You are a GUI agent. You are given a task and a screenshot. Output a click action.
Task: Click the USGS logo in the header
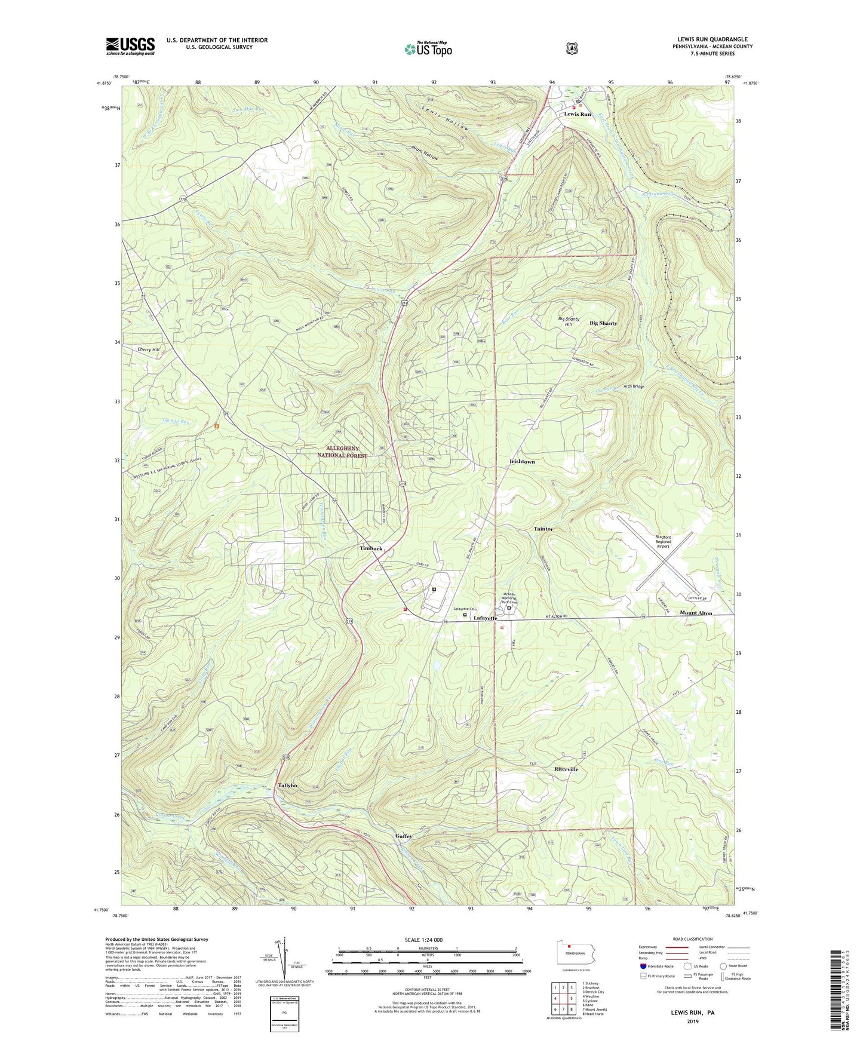pos(130,46)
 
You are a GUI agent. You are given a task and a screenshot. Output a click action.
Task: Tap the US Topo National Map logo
pos(428,49)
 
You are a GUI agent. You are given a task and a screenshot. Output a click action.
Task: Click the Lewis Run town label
pos(578,114)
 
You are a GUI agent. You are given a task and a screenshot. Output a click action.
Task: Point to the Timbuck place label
pos(371,548)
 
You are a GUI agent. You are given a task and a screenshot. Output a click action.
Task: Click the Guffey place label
pos(404,836)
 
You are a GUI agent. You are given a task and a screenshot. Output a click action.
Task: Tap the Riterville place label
pos(566,769)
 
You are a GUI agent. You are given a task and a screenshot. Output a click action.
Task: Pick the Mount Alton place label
pos(696,613)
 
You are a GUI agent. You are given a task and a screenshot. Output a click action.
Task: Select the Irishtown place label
pos(522,462)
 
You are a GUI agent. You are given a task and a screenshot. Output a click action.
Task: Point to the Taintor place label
pos(543,529)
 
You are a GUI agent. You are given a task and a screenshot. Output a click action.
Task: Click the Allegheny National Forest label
pos(343,452)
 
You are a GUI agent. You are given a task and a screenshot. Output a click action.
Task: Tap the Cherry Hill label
pos(148,349)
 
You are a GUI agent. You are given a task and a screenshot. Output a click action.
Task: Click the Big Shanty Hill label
pos(569,322)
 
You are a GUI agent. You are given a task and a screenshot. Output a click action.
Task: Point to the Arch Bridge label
pos(634,386)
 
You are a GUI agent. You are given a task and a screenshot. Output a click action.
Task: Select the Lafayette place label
pos(485,618)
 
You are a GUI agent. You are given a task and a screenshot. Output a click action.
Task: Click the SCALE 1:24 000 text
pos(423,940)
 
